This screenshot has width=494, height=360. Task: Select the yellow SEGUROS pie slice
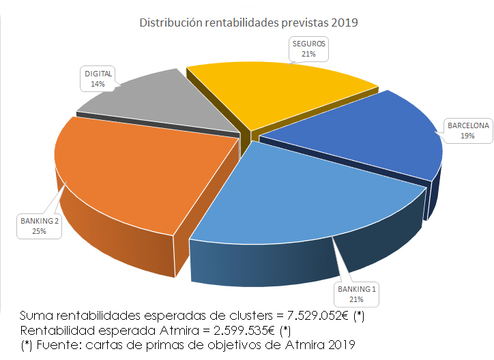(x=280, y=89)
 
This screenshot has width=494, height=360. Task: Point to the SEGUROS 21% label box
(x=310, y=48)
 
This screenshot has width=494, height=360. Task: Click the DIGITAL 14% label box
(x=98, y=78)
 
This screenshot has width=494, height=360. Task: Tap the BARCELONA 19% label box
(x=467, y=130)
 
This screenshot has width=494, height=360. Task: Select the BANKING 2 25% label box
(x=40, y=226)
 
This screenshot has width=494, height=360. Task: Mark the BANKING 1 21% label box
(x=355, y=294)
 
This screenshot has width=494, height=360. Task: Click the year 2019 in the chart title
(x=345, y=22)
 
